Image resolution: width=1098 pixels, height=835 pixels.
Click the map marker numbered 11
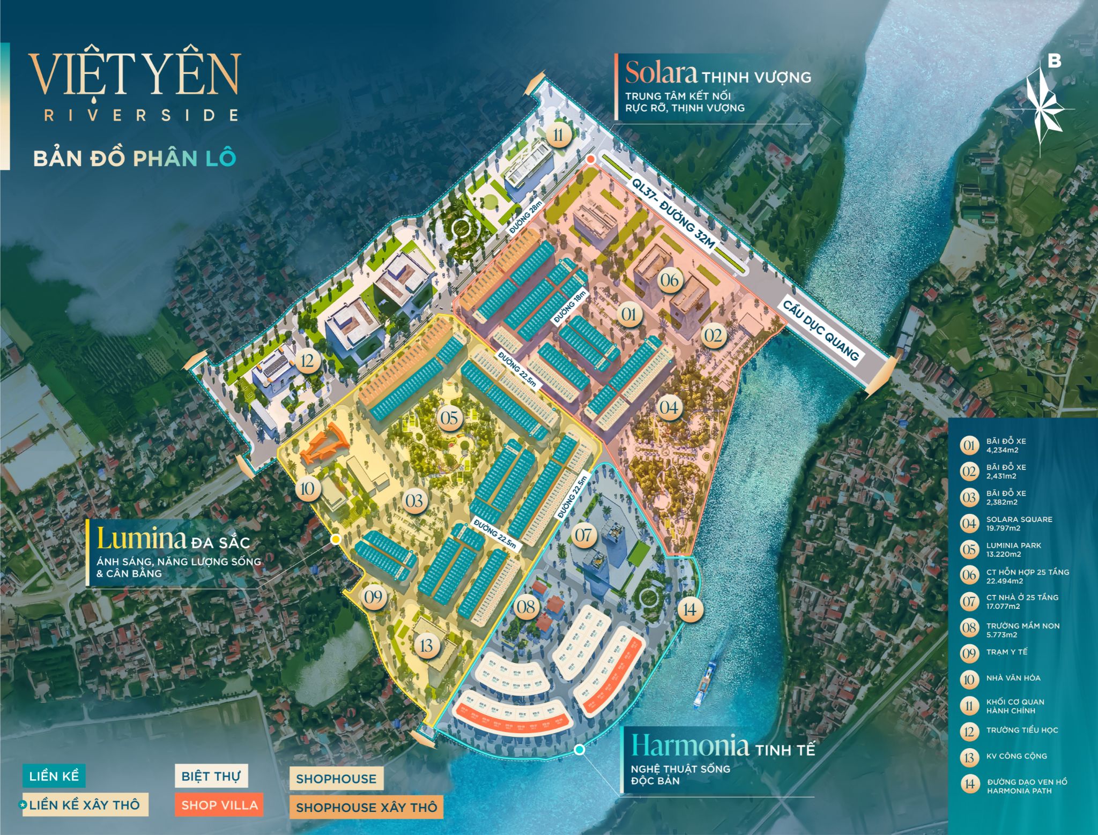559,134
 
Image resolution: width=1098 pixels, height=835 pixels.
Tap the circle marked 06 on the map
669,280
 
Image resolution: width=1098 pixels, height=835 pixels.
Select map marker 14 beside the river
689,609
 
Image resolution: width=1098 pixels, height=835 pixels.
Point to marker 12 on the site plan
307,361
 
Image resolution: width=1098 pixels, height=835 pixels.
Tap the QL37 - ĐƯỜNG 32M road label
673,214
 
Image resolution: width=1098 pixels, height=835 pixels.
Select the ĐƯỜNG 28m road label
526,217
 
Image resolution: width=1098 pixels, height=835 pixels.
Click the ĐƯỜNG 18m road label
570,307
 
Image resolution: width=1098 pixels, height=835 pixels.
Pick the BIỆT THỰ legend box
211,776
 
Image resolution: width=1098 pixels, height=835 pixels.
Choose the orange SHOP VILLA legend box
219,805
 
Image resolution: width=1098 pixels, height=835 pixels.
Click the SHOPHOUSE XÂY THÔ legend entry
366,807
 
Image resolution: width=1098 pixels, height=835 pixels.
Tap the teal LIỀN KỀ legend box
54,776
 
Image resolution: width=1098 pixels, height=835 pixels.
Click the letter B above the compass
1054,61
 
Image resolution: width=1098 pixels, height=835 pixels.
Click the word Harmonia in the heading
689,745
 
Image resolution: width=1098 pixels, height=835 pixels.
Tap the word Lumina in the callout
141,539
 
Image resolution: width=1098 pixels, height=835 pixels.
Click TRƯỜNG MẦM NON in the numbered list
1022,626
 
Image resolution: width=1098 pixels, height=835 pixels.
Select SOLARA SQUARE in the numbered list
1019,519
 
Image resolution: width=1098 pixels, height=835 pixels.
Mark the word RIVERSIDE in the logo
141,115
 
